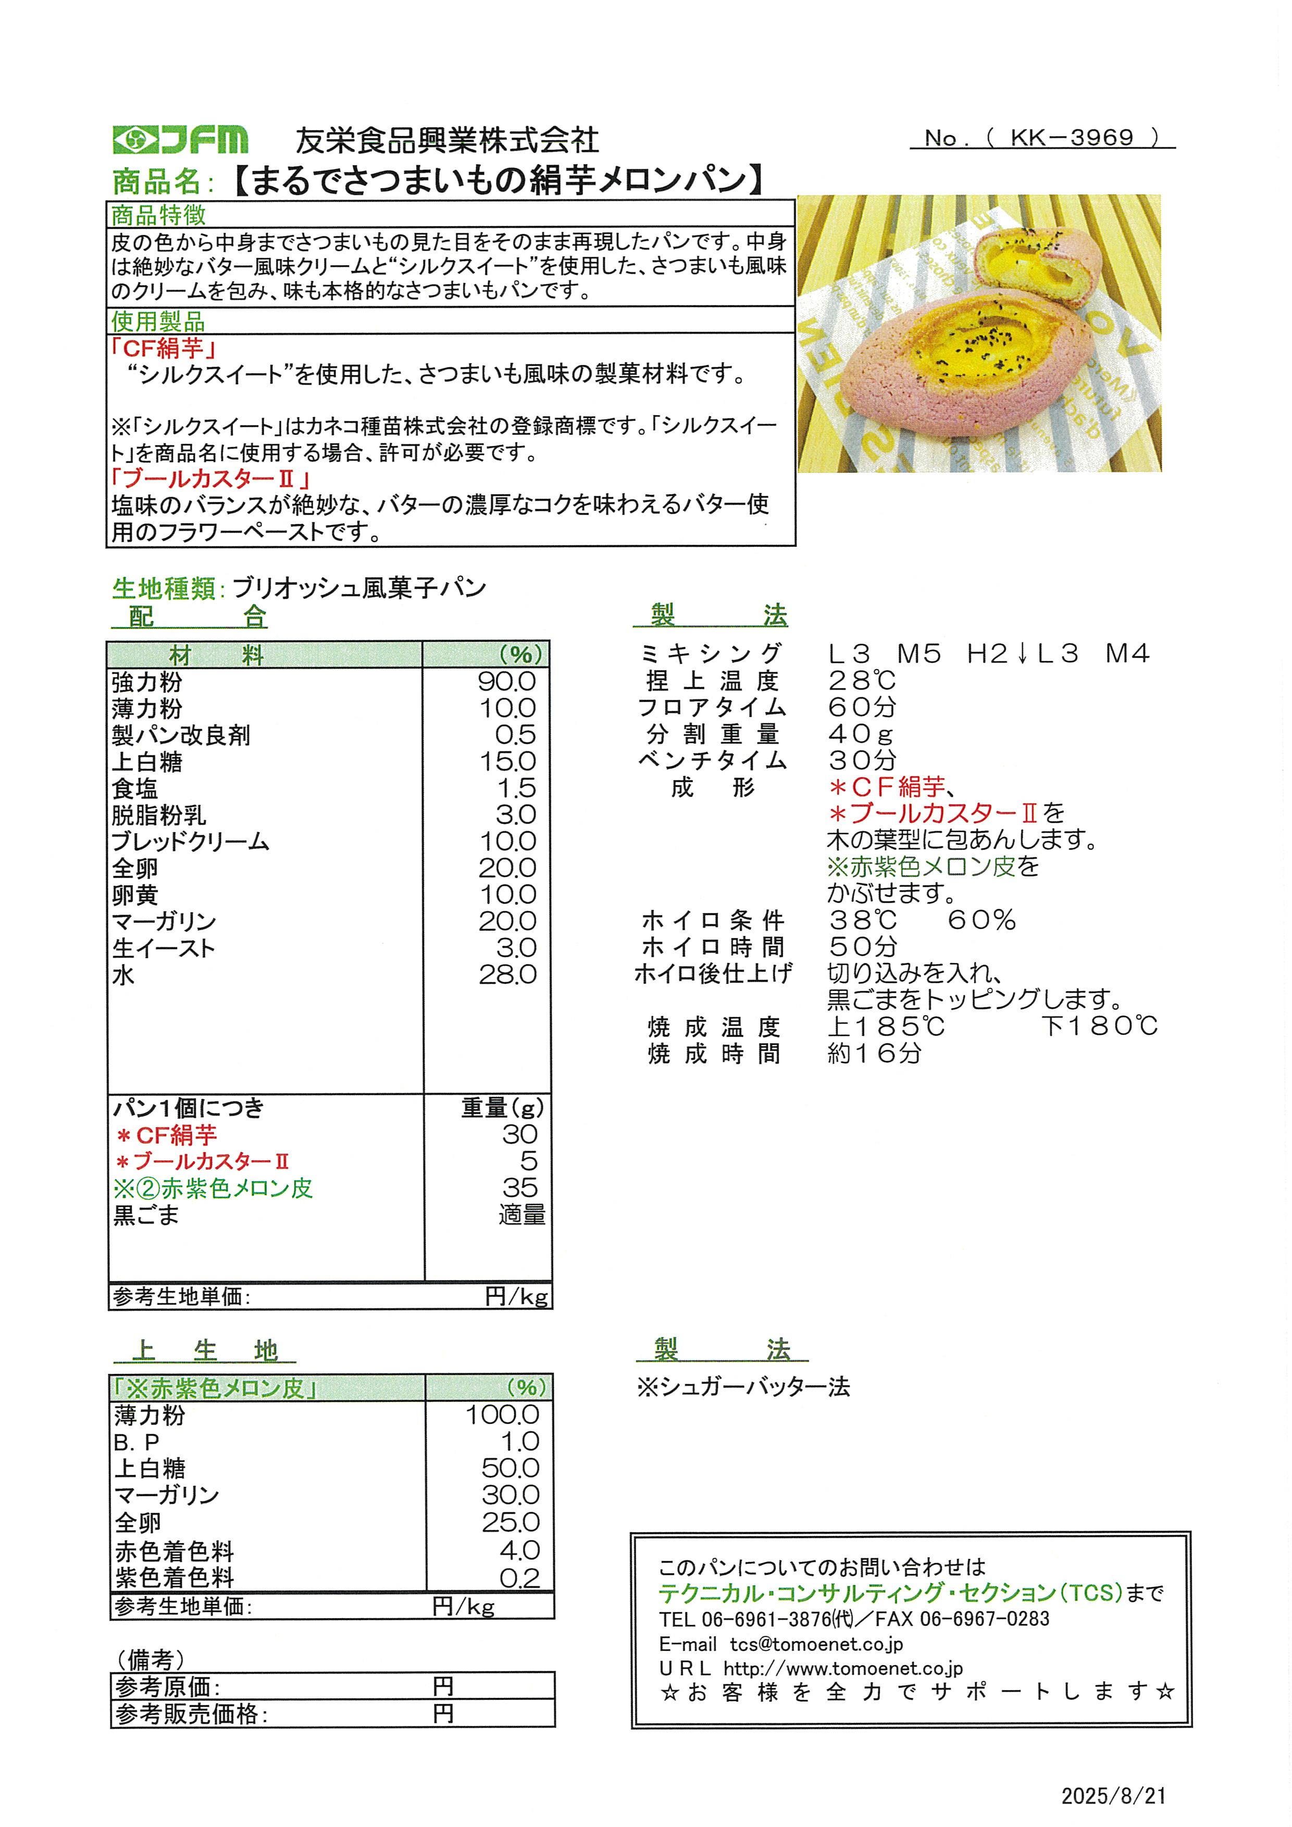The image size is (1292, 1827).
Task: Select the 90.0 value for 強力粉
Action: click(x=506, y=681)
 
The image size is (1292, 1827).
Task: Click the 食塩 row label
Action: click(x=135, y=789)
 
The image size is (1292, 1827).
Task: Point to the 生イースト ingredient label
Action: click(x=164, y=948)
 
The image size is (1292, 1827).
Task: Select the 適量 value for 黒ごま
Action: click(x=521, y=1215)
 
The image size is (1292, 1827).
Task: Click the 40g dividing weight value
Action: click(x=861, y=734)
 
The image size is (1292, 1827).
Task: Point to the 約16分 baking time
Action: click(x=874, y=1053)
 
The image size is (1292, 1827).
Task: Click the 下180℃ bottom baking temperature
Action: click(x=1099, y=1025)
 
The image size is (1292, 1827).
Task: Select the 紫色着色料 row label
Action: click(x=175, y=1577)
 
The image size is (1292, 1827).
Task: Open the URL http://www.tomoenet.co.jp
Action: click(x=843, y=1668)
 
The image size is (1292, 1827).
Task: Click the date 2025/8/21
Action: click(x=1113, y=1796)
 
